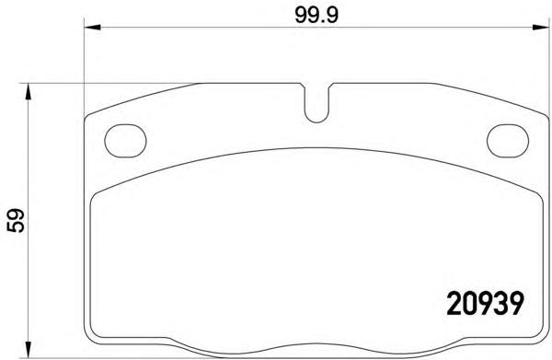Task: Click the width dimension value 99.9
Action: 316,16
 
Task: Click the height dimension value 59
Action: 16,220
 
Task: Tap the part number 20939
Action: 486,304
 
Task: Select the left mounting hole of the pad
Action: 125,141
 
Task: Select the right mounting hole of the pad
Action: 508,141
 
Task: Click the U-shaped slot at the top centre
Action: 316,122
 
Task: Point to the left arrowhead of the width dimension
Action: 93,28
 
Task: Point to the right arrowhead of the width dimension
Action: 540,28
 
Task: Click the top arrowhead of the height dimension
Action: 29,91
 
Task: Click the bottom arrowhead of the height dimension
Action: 29,350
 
